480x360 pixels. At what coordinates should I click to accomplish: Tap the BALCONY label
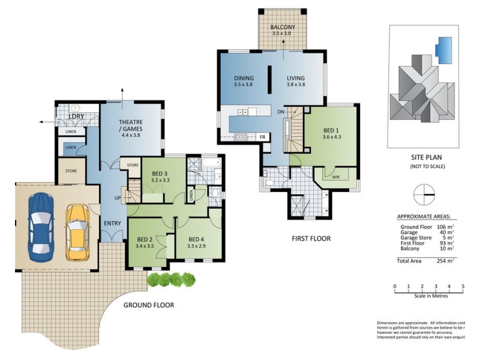click(x=282, y=28)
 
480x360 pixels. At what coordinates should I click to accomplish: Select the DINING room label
click(x=244, y=78)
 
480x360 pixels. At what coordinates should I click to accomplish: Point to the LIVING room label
click(x=296, y=78)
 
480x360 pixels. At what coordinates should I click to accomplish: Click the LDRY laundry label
click(x=76, y=116)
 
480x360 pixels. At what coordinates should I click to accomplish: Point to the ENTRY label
click(x=112, y=224)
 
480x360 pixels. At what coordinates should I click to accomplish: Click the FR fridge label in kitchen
click(x=262, y=137)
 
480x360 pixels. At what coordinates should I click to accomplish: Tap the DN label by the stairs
click(x=280, y=112)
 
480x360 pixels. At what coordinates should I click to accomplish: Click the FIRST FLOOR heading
click(x=311, y=238)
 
